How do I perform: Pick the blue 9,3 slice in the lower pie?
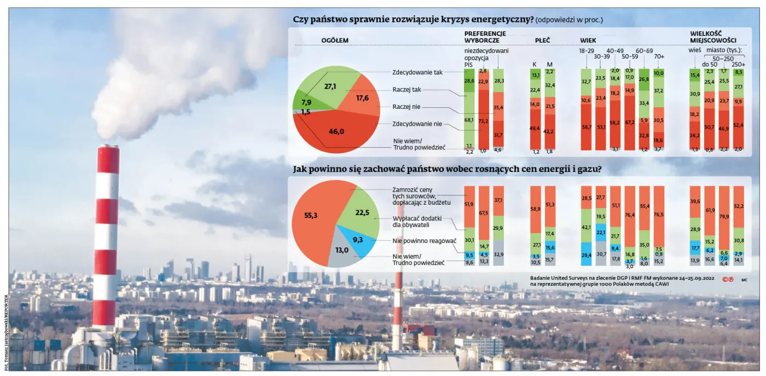(x=359, y=240)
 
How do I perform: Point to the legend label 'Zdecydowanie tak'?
(x=417, y=72)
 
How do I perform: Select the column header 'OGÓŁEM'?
(x=335, y=41)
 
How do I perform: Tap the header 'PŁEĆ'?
(x=542, y=41)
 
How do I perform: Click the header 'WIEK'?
(x=588, y=41)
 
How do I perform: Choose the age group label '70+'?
(x=659, y=56)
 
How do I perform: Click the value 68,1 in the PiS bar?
(x=469, y=120)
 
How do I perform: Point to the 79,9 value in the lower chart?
(x=724, y=216)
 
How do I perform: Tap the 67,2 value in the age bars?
(x=630, y=122)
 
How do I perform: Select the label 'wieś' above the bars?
(x=694, y=50)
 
